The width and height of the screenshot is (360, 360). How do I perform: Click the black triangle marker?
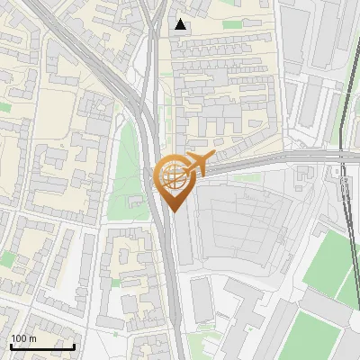181,24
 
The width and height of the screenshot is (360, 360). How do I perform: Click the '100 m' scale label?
23,338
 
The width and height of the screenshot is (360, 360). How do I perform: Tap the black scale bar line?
42,346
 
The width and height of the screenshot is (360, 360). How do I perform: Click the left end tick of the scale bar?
11,345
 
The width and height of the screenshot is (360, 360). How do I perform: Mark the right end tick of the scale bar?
74,345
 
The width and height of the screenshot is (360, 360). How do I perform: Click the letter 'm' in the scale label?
32,338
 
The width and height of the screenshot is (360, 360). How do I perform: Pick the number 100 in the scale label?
19,338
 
